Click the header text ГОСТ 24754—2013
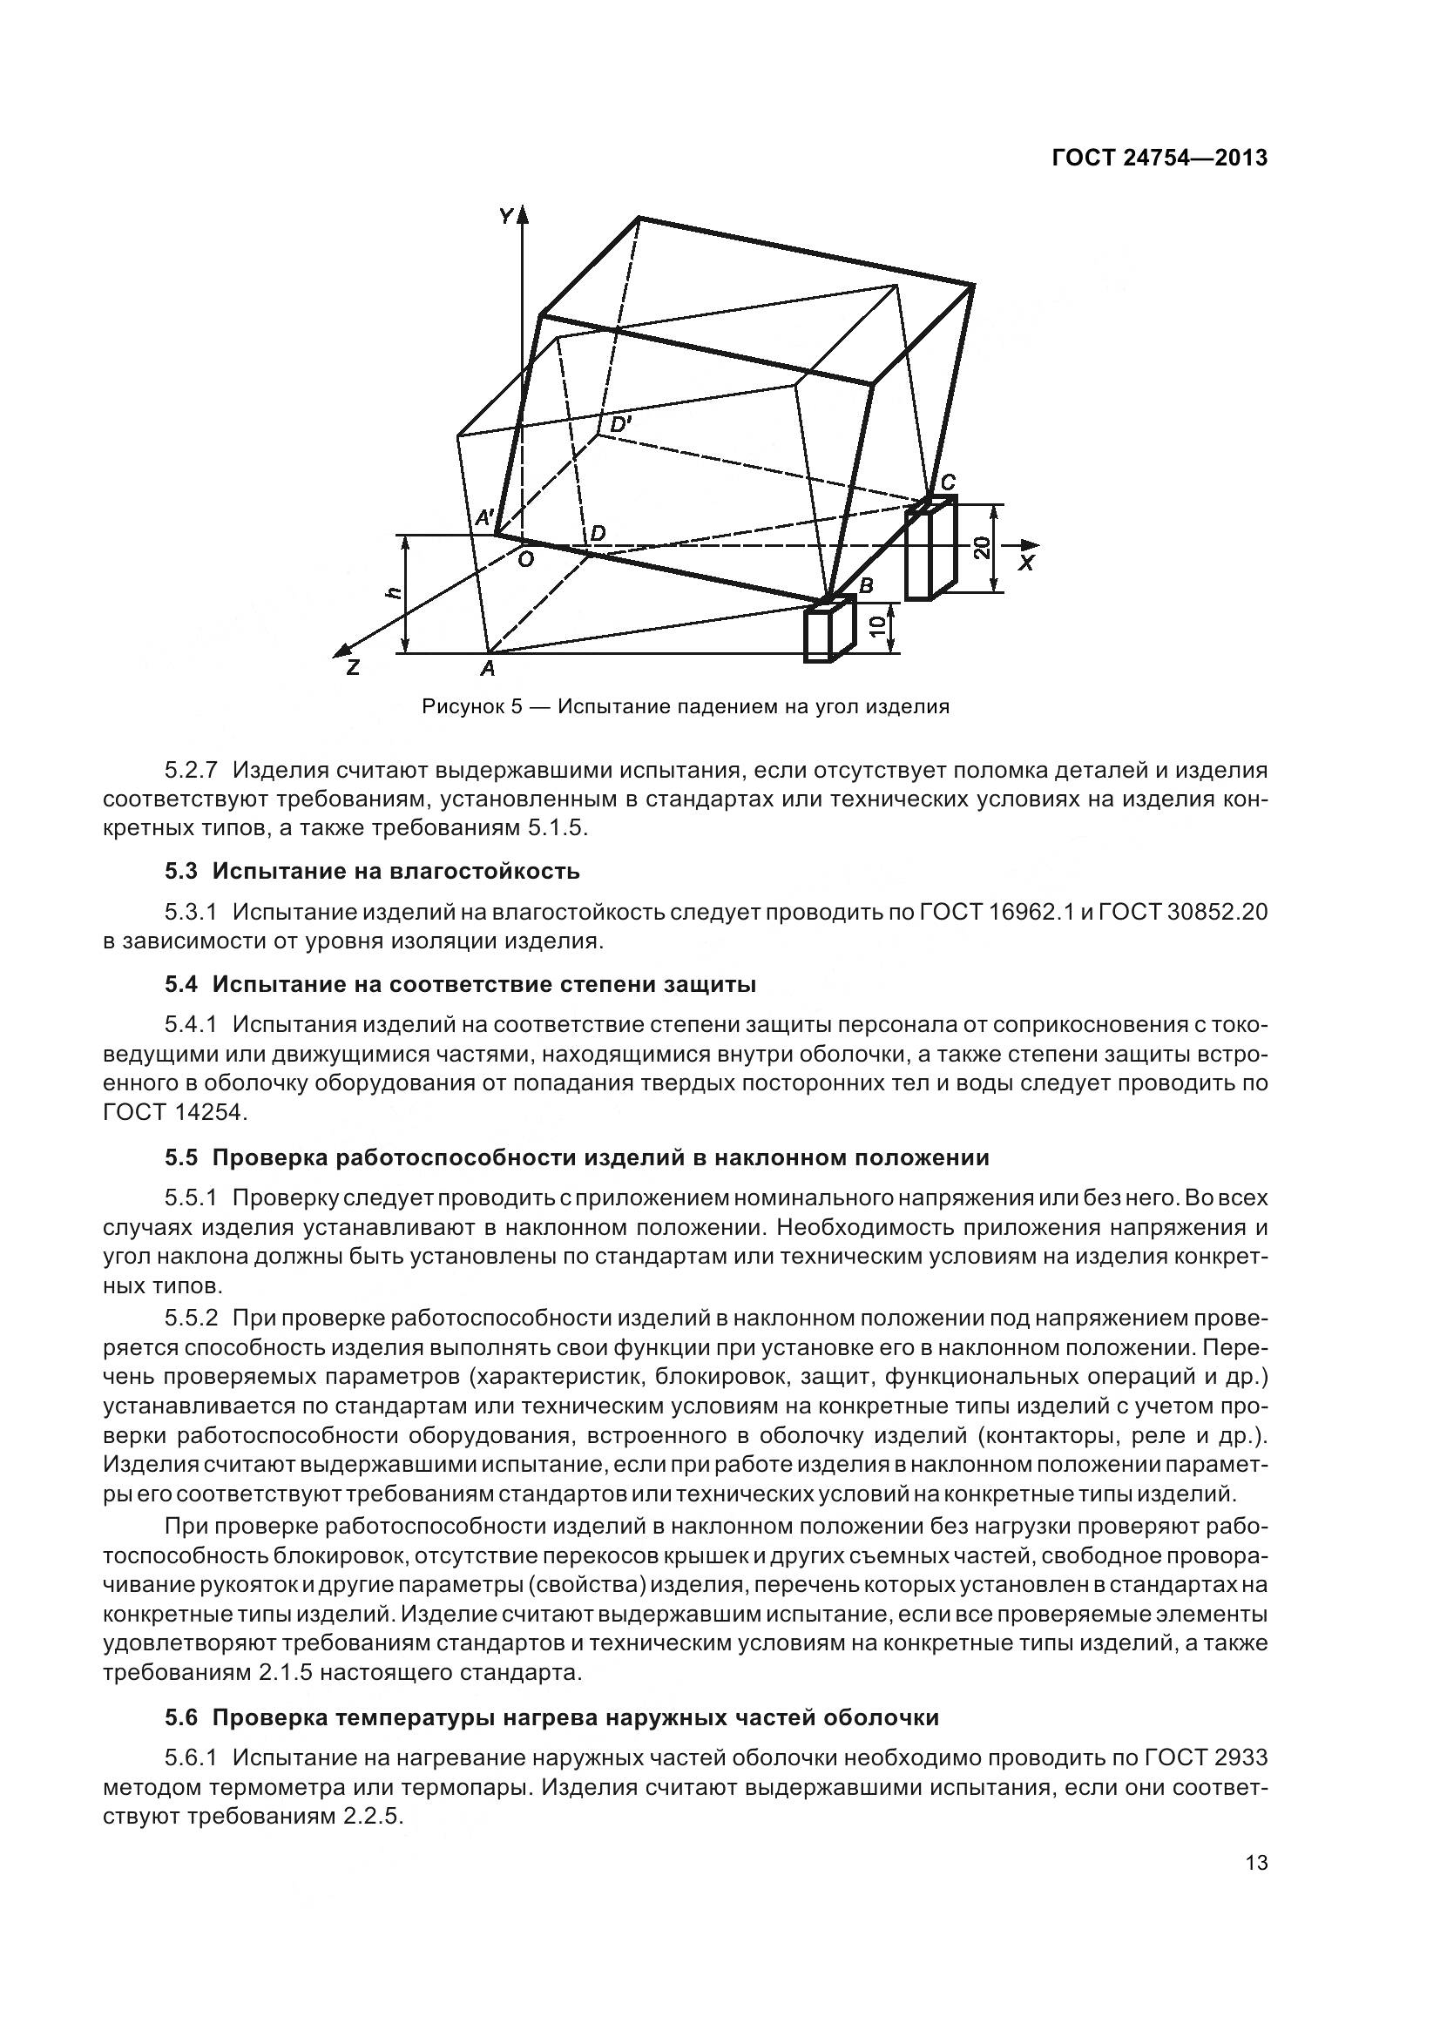[1159, 158]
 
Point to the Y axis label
[507, 215]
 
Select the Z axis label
[353, 668]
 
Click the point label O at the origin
[525, 559]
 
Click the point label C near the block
[948, 482]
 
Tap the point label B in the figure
[866, 585]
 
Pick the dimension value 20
[981, 549]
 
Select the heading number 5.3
[181, 871]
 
